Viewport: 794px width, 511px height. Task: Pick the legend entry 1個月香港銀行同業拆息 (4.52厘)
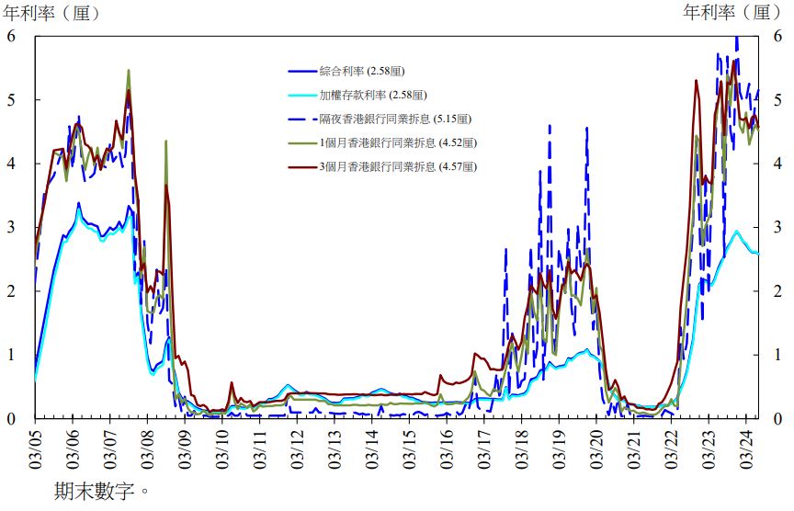[398, 142]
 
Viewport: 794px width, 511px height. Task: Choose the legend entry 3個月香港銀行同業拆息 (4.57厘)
[398, 166]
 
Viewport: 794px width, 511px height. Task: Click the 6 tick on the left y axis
[12, 36]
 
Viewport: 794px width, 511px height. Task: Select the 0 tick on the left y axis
[12, 418]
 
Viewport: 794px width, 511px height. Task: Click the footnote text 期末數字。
[101, 492]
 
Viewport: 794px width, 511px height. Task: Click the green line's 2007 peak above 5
[128, 70]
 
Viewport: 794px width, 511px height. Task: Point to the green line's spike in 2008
[165, 142]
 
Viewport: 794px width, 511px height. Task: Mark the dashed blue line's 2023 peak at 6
[736, 39]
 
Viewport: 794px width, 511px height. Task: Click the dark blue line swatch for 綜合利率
[301, 71]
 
